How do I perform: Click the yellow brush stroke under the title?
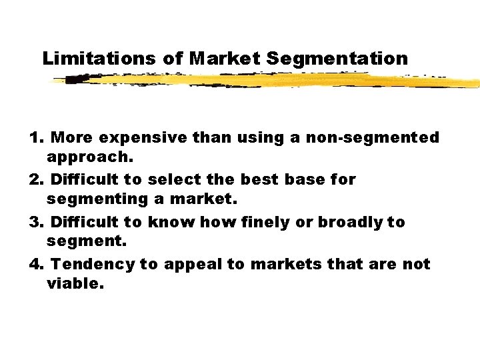(x=267, y=81)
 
